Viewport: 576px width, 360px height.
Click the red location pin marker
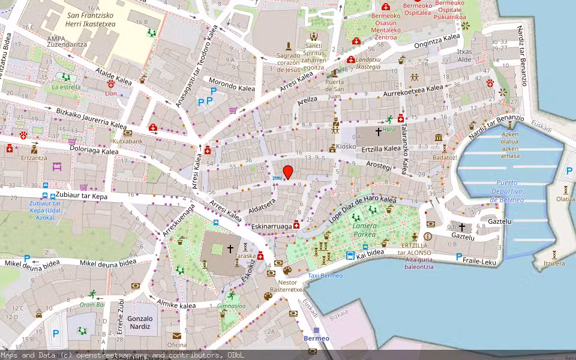pos(288,172)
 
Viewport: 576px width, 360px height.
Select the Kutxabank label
pos(127,141)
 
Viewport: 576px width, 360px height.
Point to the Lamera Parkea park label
pos(365,230)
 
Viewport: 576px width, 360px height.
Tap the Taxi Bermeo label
pos(325,275)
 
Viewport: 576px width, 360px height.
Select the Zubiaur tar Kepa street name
pos(82,196)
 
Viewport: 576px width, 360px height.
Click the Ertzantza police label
pos(34,157)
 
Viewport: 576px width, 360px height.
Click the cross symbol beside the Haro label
pos(378,130)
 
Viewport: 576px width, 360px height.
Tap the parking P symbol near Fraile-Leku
pos(459,257)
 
